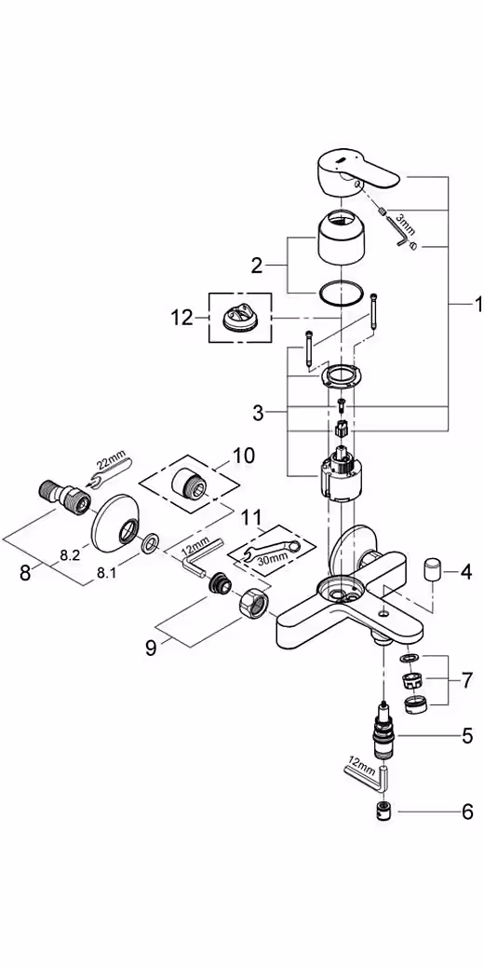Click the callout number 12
click(x=182, y=319)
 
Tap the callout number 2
click(x=256, y=266)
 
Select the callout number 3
click(x=258, y=414)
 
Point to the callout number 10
click(x=243, y=456)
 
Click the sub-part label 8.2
click(x=70, y=555)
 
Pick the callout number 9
click(x=151, y=648)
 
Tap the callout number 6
click(x=467, y=812)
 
